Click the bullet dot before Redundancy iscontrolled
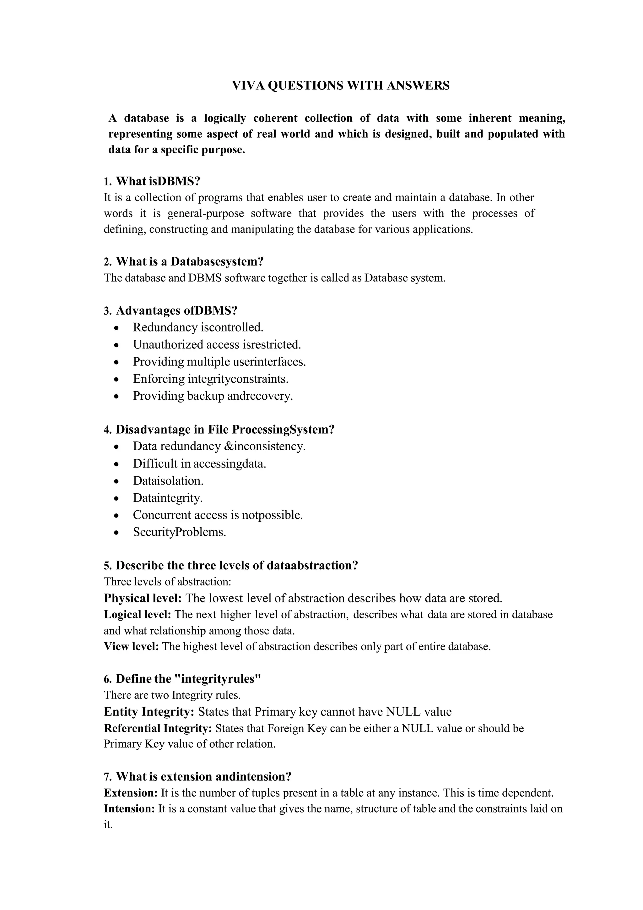coord(116,328)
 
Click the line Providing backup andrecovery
coord(213,396)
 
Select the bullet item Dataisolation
coord(168,481)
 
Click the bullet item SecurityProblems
coord(179,532)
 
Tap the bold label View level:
coord(132,647)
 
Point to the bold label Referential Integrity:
coord(158,728)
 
